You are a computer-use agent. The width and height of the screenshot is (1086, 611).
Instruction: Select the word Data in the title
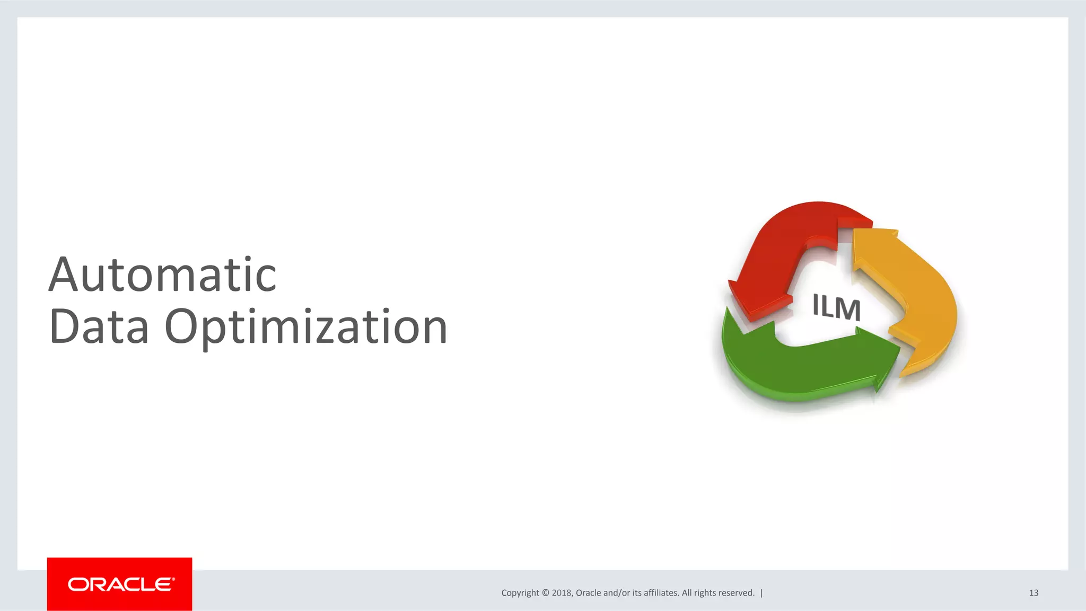click(x=99, y=326)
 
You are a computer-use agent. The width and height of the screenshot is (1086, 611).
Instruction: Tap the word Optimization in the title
click(x=306, y=327)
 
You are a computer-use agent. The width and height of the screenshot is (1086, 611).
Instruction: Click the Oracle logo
click(x=120, y=584)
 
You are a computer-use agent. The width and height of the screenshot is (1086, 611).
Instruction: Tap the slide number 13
click(x=1034, y=593)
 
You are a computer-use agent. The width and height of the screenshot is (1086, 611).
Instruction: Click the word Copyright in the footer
click(x=520, y=593)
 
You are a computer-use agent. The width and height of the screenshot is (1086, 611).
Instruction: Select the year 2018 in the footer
click(x=562, y=593)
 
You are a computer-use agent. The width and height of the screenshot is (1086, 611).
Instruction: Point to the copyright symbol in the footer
click(x=546, y=593)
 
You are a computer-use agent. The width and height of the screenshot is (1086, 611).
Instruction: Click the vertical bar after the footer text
click(x=762, y=593)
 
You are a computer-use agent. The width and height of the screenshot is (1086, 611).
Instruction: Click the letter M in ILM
click(x=848, y=309)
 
